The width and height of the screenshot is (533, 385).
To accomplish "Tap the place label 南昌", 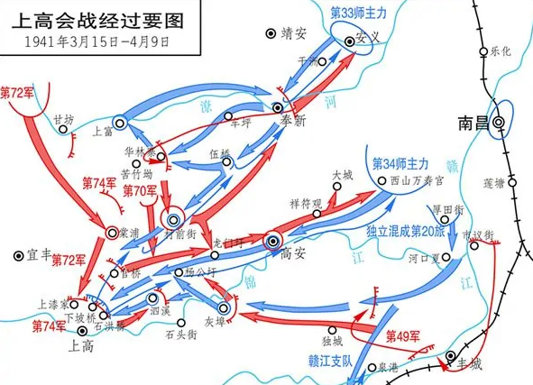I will point(475,123).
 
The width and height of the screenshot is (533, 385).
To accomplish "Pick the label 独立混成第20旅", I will point(407,232).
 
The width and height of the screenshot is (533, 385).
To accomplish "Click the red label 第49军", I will point(403,336).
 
